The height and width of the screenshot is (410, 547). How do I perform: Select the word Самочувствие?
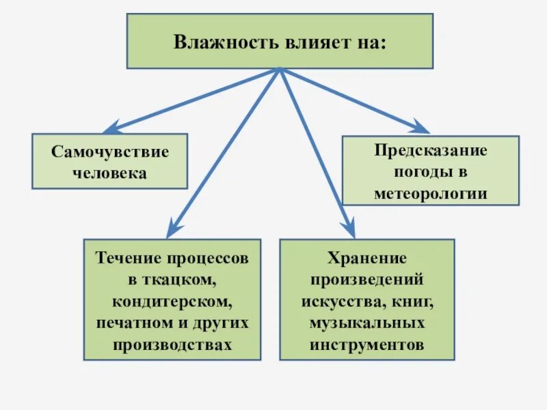[110, 151]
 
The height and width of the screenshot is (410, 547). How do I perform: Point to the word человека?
[110, 173]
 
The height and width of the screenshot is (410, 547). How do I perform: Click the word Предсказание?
[430, 150]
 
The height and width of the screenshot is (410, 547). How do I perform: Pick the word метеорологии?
[430, 193]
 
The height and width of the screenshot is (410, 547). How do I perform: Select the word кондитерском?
[172, 301]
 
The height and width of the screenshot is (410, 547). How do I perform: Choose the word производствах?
[172, 344]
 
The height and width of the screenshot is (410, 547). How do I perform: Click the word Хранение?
[366, 258]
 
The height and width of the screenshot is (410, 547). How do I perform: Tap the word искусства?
[342, 301]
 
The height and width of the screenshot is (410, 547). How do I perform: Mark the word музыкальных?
[366, 322]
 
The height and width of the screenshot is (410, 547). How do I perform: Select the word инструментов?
[366, 344]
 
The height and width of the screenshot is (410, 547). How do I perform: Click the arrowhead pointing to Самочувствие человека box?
[110, 128]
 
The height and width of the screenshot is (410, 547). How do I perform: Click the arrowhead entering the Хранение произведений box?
[349, 230]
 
